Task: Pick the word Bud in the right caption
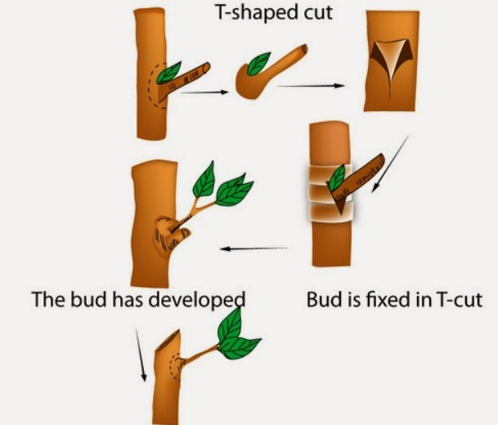[x=322, y=298]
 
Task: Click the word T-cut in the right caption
[x=458, y=298]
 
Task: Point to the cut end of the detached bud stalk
[x=302, y=51]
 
